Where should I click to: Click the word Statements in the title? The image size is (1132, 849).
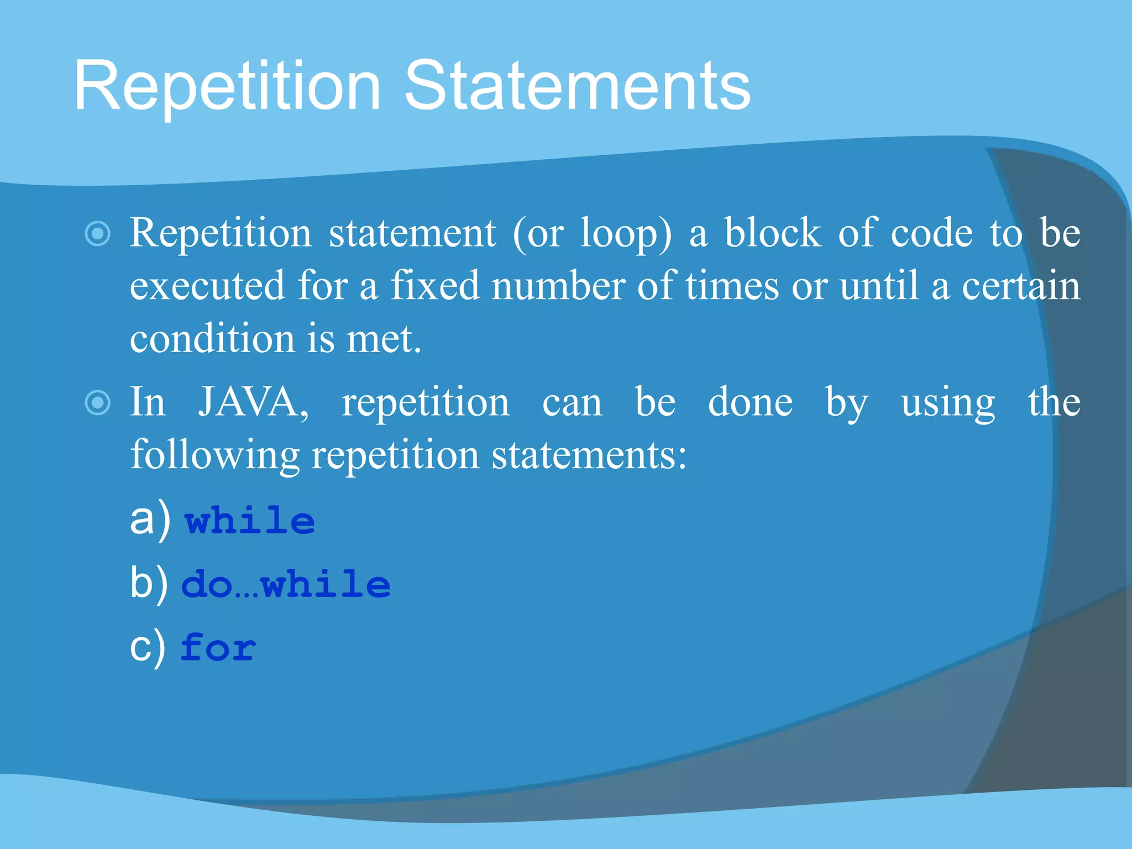pyautogui.click(x=577, y=86)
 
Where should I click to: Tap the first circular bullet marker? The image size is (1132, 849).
pyautogui.click(x=98, y=234)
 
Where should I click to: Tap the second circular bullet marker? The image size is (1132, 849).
pyautogui.click(x=98, y=402)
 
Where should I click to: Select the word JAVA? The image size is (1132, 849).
pyautogui.click(x=253, y=402)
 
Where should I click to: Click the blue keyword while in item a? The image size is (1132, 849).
pyautogui.click(x=250, y=521)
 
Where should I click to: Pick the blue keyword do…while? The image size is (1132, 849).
pyautogui.click(x=286, y=585)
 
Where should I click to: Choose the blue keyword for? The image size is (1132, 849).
pyautogui.click(x=218, y=648)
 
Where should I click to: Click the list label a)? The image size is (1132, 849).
pyautogui.click(x=150, y=520)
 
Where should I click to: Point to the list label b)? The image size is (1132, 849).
pyautogui.click(x=149, y=584)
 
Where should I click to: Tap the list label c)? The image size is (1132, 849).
pyautogui.click(x=147, y=647)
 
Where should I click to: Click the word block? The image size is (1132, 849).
pyautogui.click(x=772, y=233)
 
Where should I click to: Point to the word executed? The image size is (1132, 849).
pyautogui.click(x=207, y=286)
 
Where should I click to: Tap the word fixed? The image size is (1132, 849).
pyautogui.click(x=435, y=286)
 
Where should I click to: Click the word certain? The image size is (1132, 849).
pyautogui.click(x=1021, y=286)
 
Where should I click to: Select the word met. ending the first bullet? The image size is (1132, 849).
pyautogui.click(x=384, y=339)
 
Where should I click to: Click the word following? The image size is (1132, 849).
pyautogui.click(x=214, y=455)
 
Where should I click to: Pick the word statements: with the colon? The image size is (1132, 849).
pyautogui.click(x=589, y=455)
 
